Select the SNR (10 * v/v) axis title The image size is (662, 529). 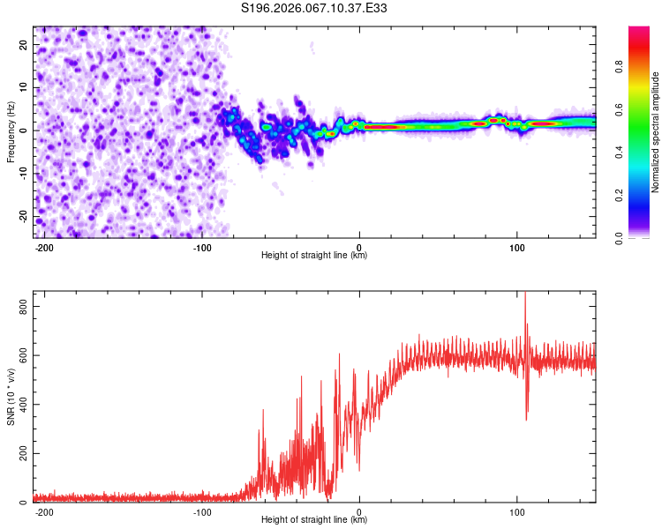tap(11, 398)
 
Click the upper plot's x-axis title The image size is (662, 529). tap(314, 256)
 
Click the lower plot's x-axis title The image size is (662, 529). tap(314, 520)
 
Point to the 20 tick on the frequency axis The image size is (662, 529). tap(24, 44)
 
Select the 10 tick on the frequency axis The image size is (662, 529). tap(24, 87)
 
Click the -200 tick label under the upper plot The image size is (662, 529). tap(44, 247)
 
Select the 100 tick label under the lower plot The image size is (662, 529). tap(516, 511)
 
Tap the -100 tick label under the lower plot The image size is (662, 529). tap(201, 511)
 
